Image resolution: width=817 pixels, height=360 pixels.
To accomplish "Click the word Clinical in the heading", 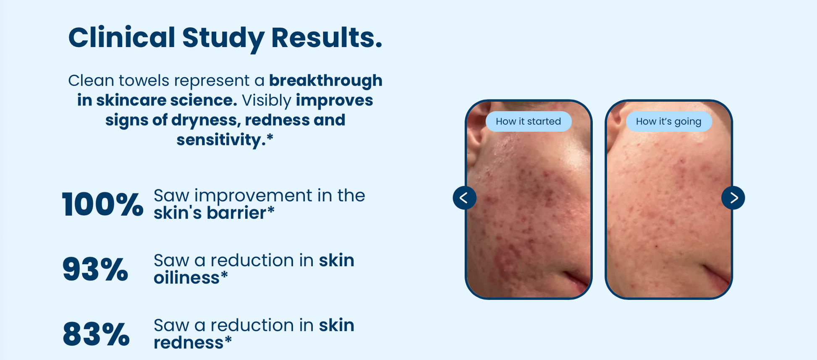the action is [x=122, y=37].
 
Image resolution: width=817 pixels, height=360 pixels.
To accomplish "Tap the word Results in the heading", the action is [x=327, y=37].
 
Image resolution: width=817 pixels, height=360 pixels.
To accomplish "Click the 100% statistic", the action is [x=102, y=205].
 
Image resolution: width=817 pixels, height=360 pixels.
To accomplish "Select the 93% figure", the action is [x=95, y=269].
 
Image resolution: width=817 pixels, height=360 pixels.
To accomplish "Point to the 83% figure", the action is [x=96, y=334].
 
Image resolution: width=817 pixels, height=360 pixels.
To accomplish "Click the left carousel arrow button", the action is [x=464, y=198].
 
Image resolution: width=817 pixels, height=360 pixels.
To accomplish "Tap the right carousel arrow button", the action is [x=733, y=198].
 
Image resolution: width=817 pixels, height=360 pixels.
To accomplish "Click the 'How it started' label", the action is [x=529, y=121].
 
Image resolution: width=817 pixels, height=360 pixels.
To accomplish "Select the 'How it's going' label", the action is [x=669, y=121].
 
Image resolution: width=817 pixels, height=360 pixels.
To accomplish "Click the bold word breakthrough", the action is [x=326, y=80].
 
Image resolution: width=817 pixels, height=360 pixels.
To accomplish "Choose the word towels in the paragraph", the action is [x=144, y=80].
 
